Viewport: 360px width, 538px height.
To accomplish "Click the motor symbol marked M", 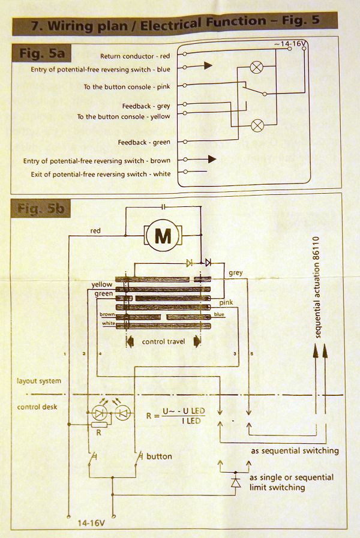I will coord(163,236).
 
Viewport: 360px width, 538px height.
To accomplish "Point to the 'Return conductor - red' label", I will coord(135,56).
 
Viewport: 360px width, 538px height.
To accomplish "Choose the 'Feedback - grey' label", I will coord(146,106).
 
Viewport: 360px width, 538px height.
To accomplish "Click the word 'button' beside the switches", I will coord(159,456).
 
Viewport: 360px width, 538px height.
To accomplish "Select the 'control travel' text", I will coord(163,342).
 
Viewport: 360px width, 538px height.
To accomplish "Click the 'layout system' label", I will coord(39,381).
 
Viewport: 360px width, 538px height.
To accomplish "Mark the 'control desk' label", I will coord(37,407).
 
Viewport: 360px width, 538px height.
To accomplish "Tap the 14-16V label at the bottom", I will coord(91,522).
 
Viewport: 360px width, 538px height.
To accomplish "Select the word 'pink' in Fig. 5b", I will coord(225,303).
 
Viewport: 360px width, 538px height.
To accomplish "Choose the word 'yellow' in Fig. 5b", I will coord(101,284).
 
